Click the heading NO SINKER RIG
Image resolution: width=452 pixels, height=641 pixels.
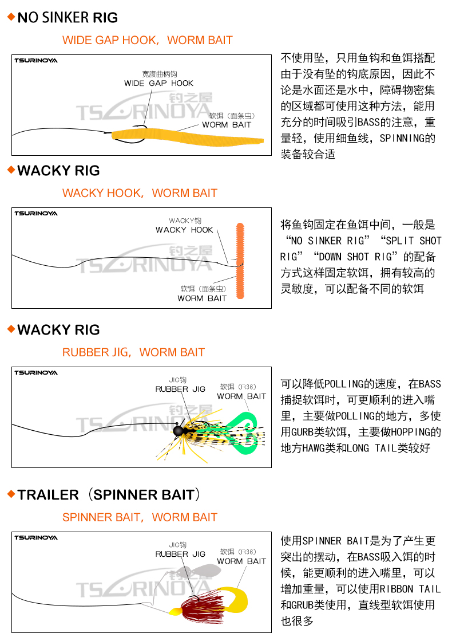(68, 18)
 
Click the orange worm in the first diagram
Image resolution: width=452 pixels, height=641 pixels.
(188, 137)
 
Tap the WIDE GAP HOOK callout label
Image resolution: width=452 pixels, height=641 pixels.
(159, 84)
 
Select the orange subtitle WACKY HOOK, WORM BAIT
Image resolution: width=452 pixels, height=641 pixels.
(140, 193)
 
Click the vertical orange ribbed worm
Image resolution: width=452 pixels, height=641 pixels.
(240, 261)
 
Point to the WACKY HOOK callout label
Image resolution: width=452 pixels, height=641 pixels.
(184, 230)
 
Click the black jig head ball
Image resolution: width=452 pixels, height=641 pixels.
(179, 430)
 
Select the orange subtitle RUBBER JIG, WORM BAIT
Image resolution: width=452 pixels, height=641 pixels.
(133, 352)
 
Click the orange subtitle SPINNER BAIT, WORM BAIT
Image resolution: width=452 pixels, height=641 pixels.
(140, 517)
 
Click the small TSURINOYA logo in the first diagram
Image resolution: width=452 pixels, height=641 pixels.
(36, 61)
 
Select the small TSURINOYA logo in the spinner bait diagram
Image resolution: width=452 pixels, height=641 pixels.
(36, 537)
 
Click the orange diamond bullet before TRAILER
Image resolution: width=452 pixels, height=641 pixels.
(11, 494)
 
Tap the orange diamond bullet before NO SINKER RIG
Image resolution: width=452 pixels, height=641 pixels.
(11, 17)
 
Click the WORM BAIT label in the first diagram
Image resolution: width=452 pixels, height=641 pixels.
(227, 125)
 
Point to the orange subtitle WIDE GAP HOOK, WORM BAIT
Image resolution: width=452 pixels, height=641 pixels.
(148, 40)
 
